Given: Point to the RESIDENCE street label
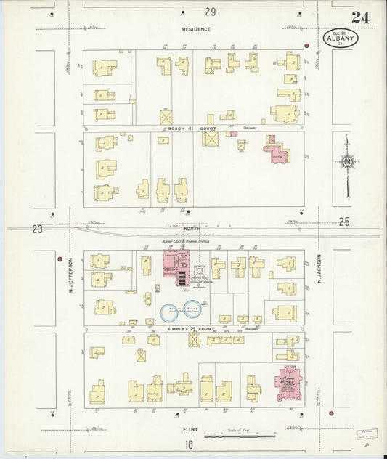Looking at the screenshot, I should tap(197, 29).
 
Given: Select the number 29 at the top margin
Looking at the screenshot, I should tap(211, 12).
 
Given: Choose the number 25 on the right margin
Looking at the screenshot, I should tap(344, 221).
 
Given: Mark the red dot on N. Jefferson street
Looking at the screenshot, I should tap(60, 258).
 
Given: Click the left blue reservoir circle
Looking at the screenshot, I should tap(170, 312).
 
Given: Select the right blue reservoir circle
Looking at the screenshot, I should tap(195, 308).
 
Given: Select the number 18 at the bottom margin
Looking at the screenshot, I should tap(190, 444).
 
